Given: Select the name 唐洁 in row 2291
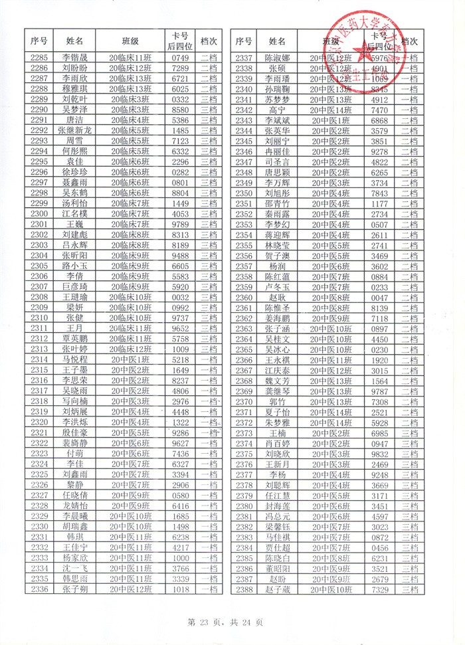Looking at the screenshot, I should pyautogui.click(x=74, y=120).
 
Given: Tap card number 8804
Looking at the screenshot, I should pyautogui.click(x=181, y=193).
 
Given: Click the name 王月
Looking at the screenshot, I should pyautogui.click(x=74, y=328).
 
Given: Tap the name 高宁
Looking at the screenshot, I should pyautogui.click(x=278, y=110).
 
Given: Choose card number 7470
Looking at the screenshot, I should pyautogui.click(x=379, y=110).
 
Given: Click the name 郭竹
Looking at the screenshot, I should pyautogui.click(x=278, y=401).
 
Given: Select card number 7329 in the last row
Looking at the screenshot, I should pyautogui.click(x=379, y=589).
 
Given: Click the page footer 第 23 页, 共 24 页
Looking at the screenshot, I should pyautogui.click(x=226, y=622).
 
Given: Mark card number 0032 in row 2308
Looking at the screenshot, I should pyautogui.click(x=181, y=297).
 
